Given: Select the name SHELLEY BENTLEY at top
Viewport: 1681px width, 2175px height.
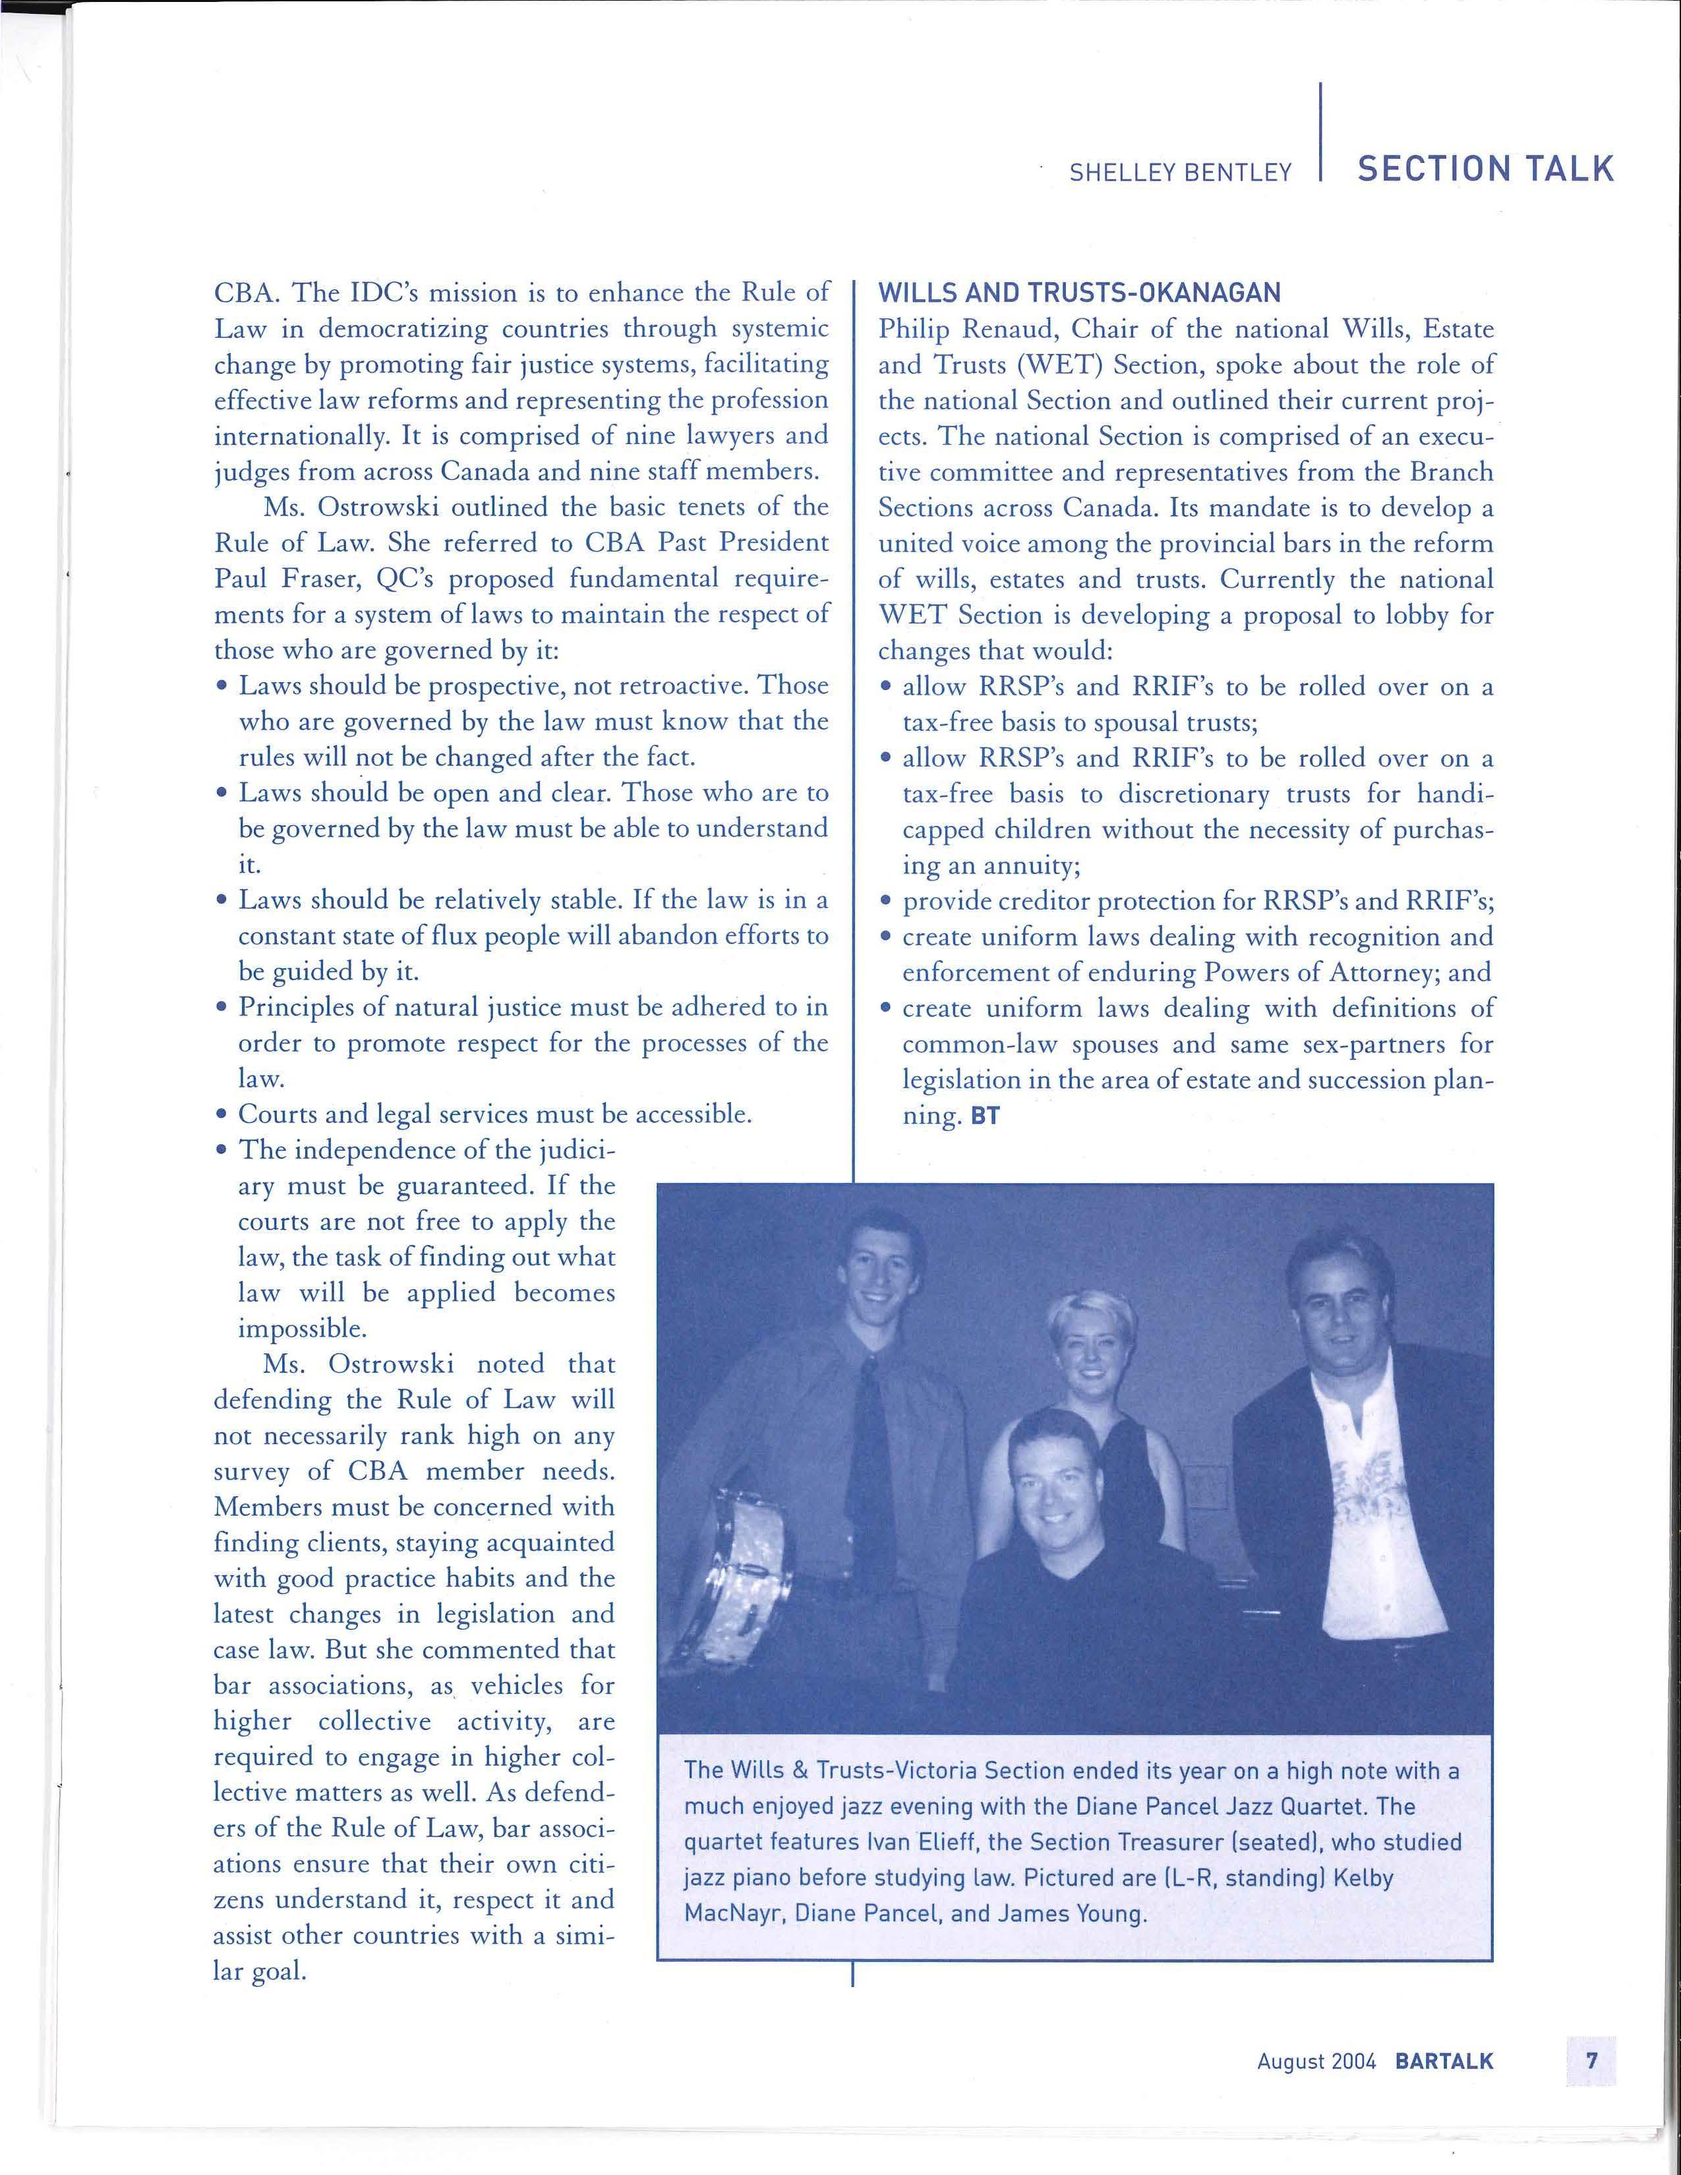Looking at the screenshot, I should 1180,172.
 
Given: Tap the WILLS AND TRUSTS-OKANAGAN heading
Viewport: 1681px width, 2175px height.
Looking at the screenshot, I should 1078,293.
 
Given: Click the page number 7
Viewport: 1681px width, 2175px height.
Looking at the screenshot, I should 1591,2060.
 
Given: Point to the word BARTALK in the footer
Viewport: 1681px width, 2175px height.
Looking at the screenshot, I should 1444,2060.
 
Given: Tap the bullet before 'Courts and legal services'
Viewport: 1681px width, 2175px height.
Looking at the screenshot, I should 221,1115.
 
